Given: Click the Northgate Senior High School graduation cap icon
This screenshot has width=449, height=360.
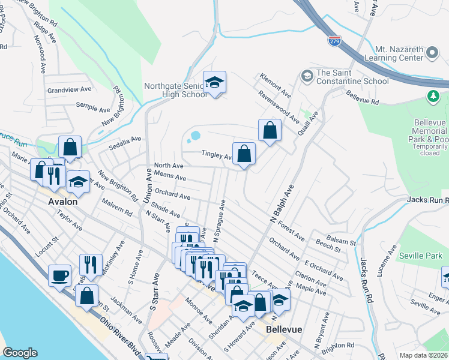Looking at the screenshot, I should pyautogui.click(x=214, y=83).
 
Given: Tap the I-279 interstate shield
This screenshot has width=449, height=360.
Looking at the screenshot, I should pyautogui.click(x=334, y=41).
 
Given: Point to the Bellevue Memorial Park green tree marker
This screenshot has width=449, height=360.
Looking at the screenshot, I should pyautogui.click(x=432, y=96).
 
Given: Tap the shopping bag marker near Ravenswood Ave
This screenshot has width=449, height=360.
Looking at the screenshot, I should pyautogui.click(x=270, y=130).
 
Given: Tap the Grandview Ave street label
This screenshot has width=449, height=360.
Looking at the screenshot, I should pyautogui.click(x=70, y=89).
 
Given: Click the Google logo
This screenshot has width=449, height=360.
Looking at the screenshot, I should pyautogui.click(x=20, y=353).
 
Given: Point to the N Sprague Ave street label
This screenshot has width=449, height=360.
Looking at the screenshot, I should pyautogui.click(x=218, y=223).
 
